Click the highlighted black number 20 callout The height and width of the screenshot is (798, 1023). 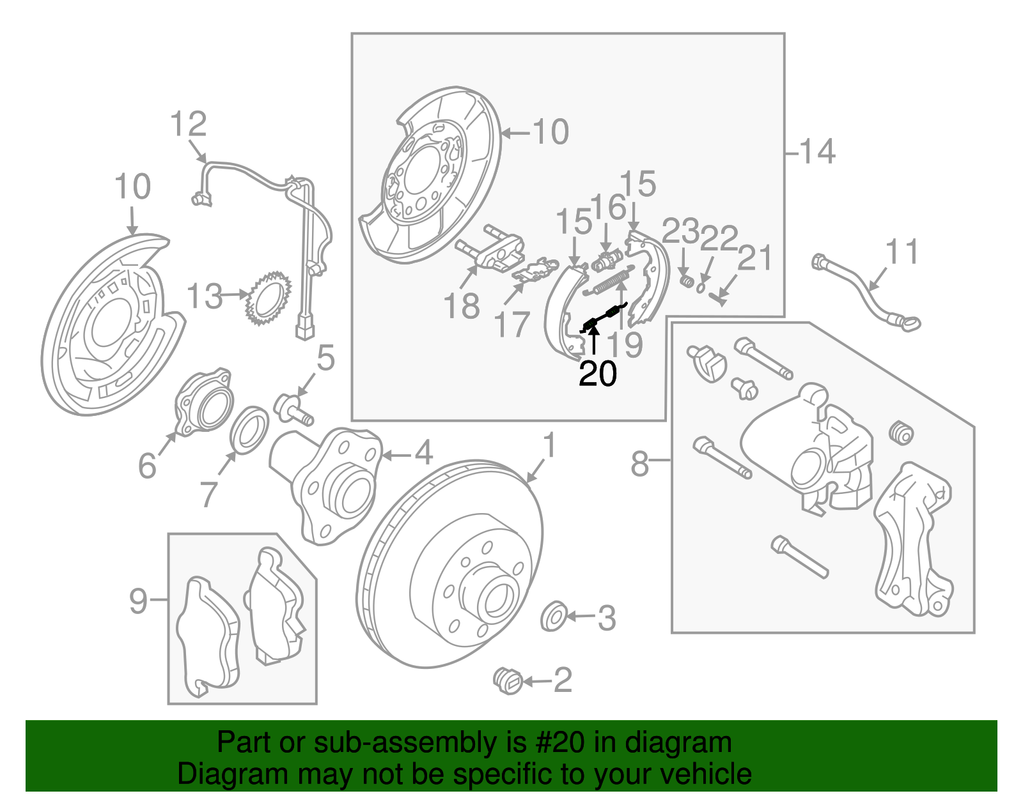[597, 374]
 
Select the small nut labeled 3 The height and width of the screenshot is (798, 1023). [553, 616]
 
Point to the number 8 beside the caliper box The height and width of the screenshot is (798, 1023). [639, 464]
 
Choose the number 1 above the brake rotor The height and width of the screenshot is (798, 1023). [549, 446]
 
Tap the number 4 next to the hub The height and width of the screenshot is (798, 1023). [423, 454]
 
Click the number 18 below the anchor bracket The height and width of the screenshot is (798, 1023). [461, 306]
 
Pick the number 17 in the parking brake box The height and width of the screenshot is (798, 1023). [512, 325]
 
